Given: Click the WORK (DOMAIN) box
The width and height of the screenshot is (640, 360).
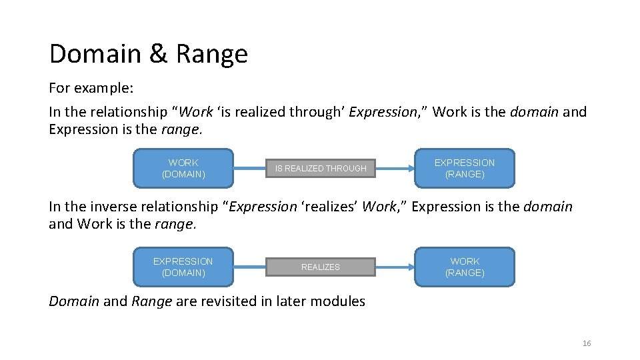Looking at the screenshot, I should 183,168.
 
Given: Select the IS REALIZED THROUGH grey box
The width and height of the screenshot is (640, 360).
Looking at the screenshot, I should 321,169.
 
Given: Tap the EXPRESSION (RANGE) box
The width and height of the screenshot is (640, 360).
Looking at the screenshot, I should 465,168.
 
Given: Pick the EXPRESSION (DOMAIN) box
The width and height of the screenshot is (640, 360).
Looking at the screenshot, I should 183,267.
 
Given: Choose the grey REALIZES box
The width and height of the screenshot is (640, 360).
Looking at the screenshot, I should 321,267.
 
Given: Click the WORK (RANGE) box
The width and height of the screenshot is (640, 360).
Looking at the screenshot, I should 465,267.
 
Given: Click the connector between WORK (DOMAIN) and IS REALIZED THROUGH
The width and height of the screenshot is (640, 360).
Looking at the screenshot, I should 250,169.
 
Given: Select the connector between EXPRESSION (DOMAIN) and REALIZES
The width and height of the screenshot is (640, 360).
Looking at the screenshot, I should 250,267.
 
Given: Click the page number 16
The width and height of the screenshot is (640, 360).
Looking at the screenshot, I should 587,343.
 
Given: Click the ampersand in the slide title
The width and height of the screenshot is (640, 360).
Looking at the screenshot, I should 158,54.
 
